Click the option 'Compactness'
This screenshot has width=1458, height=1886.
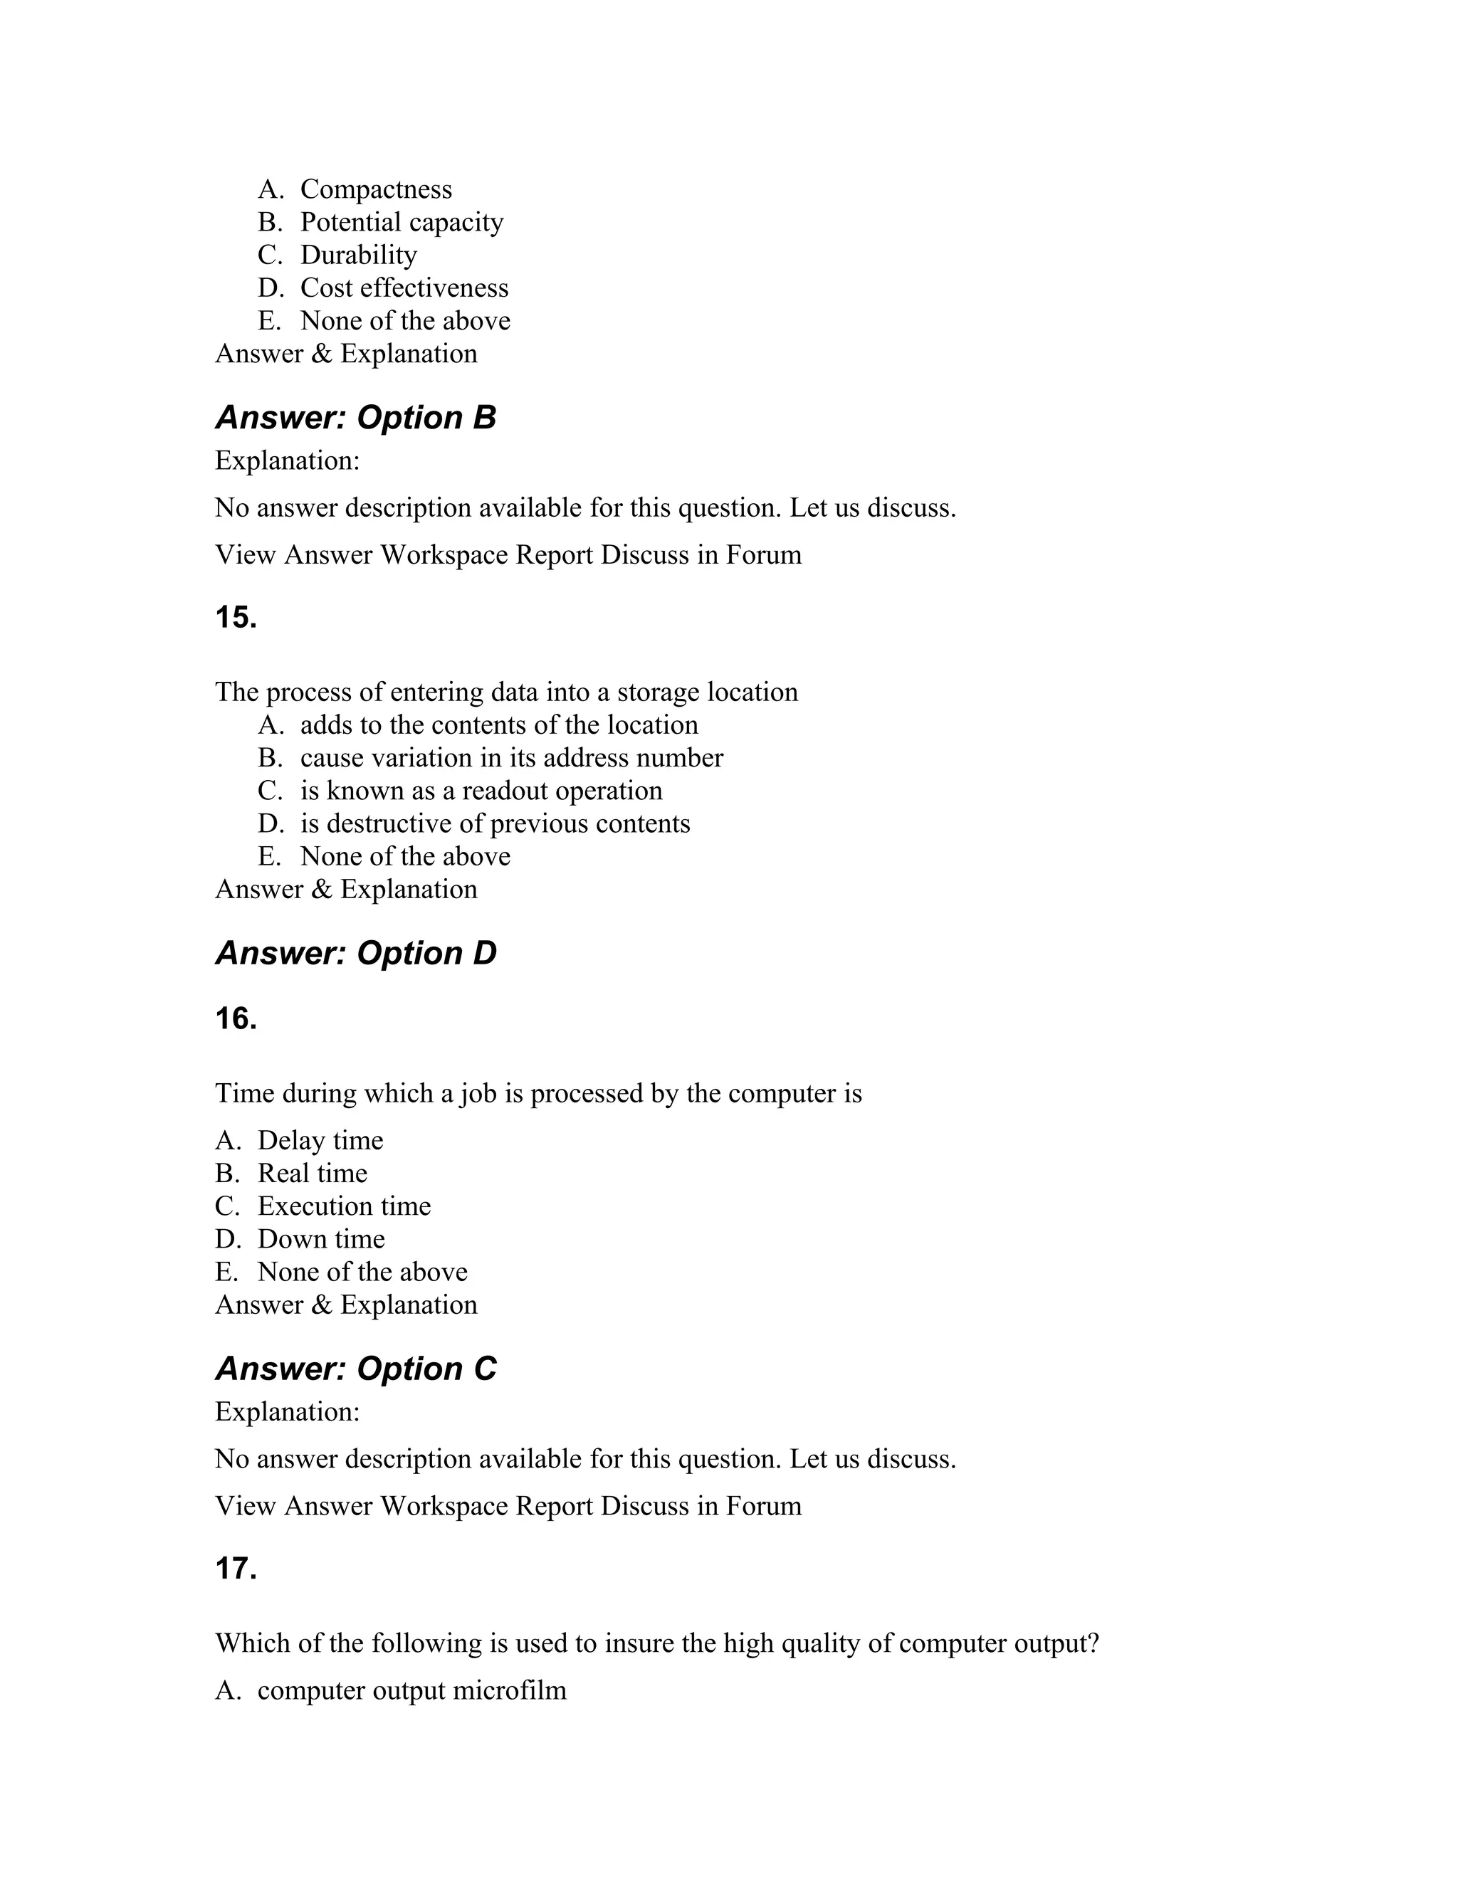point(376,189)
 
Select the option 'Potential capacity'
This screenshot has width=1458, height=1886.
point(402,222)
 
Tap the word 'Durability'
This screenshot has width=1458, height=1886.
point(359,255)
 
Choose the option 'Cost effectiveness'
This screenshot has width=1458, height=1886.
point(404,288)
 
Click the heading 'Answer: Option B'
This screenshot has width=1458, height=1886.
point(355,418)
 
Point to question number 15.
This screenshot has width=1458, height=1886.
point(236,618)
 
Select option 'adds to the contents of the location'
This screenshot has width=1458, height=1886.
point(499,725)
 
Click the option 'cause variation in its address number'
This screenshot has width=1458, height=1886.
point(511,757)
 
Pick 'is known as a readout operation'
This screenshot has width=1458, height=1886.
point(481,790)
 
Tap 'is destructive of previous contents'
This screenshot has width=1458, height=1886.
point(495,823)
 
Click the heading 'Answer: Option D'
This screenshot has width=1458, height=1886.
point(355,954)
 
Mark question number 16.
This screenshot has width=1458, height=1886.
point(236,1019)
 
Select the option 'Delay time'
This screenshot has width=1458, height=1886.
point(320,1141)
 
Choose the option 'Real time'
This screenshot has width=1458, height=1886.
point(313,1174)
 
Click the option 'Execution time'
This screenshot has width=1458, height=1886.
point(344,1206)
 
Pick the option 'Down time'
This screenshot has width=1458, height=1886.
point(321,1239)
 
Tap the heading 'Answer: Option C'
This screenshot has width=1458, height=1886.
point(355,1369)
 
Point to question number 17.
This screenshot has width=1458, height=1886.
point(236,1568)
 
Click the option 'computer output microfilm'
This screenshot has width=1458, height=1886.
point(412,1690)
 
